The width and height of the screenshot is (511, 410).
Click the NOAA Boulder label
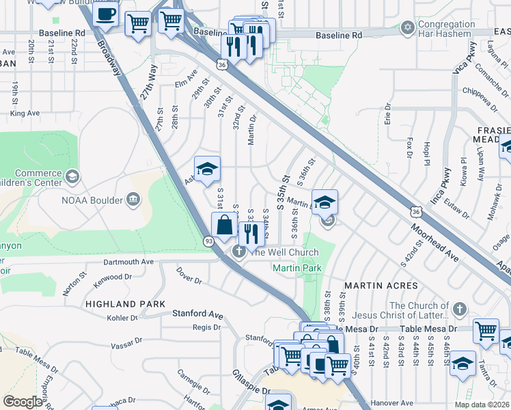click(x=92, y=200)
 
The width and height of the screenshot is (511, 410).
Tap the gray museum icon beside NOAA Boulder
click(x=133, y=200)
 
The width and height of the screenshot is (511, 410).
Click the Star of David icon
click(x=408, y=27)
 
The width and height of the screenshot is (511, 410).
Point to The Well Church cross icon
click(x=240, y=251)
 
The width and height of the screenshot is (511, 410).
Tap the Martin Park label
click(x=296, y=269)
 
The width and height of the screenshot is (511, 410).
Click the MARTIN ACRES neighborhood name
click(x=381, y=285)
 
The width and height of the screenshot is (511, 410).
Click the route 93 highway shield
click(x=208, y=241)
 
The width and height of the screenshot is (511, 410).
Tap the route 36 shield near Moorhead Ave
click(x=416, y=213)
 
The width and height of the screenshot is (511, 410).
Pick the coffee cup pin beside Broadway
click(x=106, y=14)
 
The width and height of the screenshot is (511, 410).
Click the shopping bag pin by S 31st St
click(x=224, y=223)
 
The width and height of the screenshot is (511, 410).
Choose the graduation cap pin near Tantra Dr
click(x=462, y=364)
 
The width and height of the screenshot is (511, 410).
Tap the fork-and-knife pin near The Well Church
click(x=252, y=234)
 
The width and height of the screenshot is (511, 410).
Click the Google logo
click(x=23, y=402)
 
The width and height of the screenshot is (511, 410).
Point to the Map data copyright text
click(x=482, y=405)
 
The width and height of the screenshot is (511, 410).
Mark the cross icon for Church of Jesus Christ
click(x=459, y=308)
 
